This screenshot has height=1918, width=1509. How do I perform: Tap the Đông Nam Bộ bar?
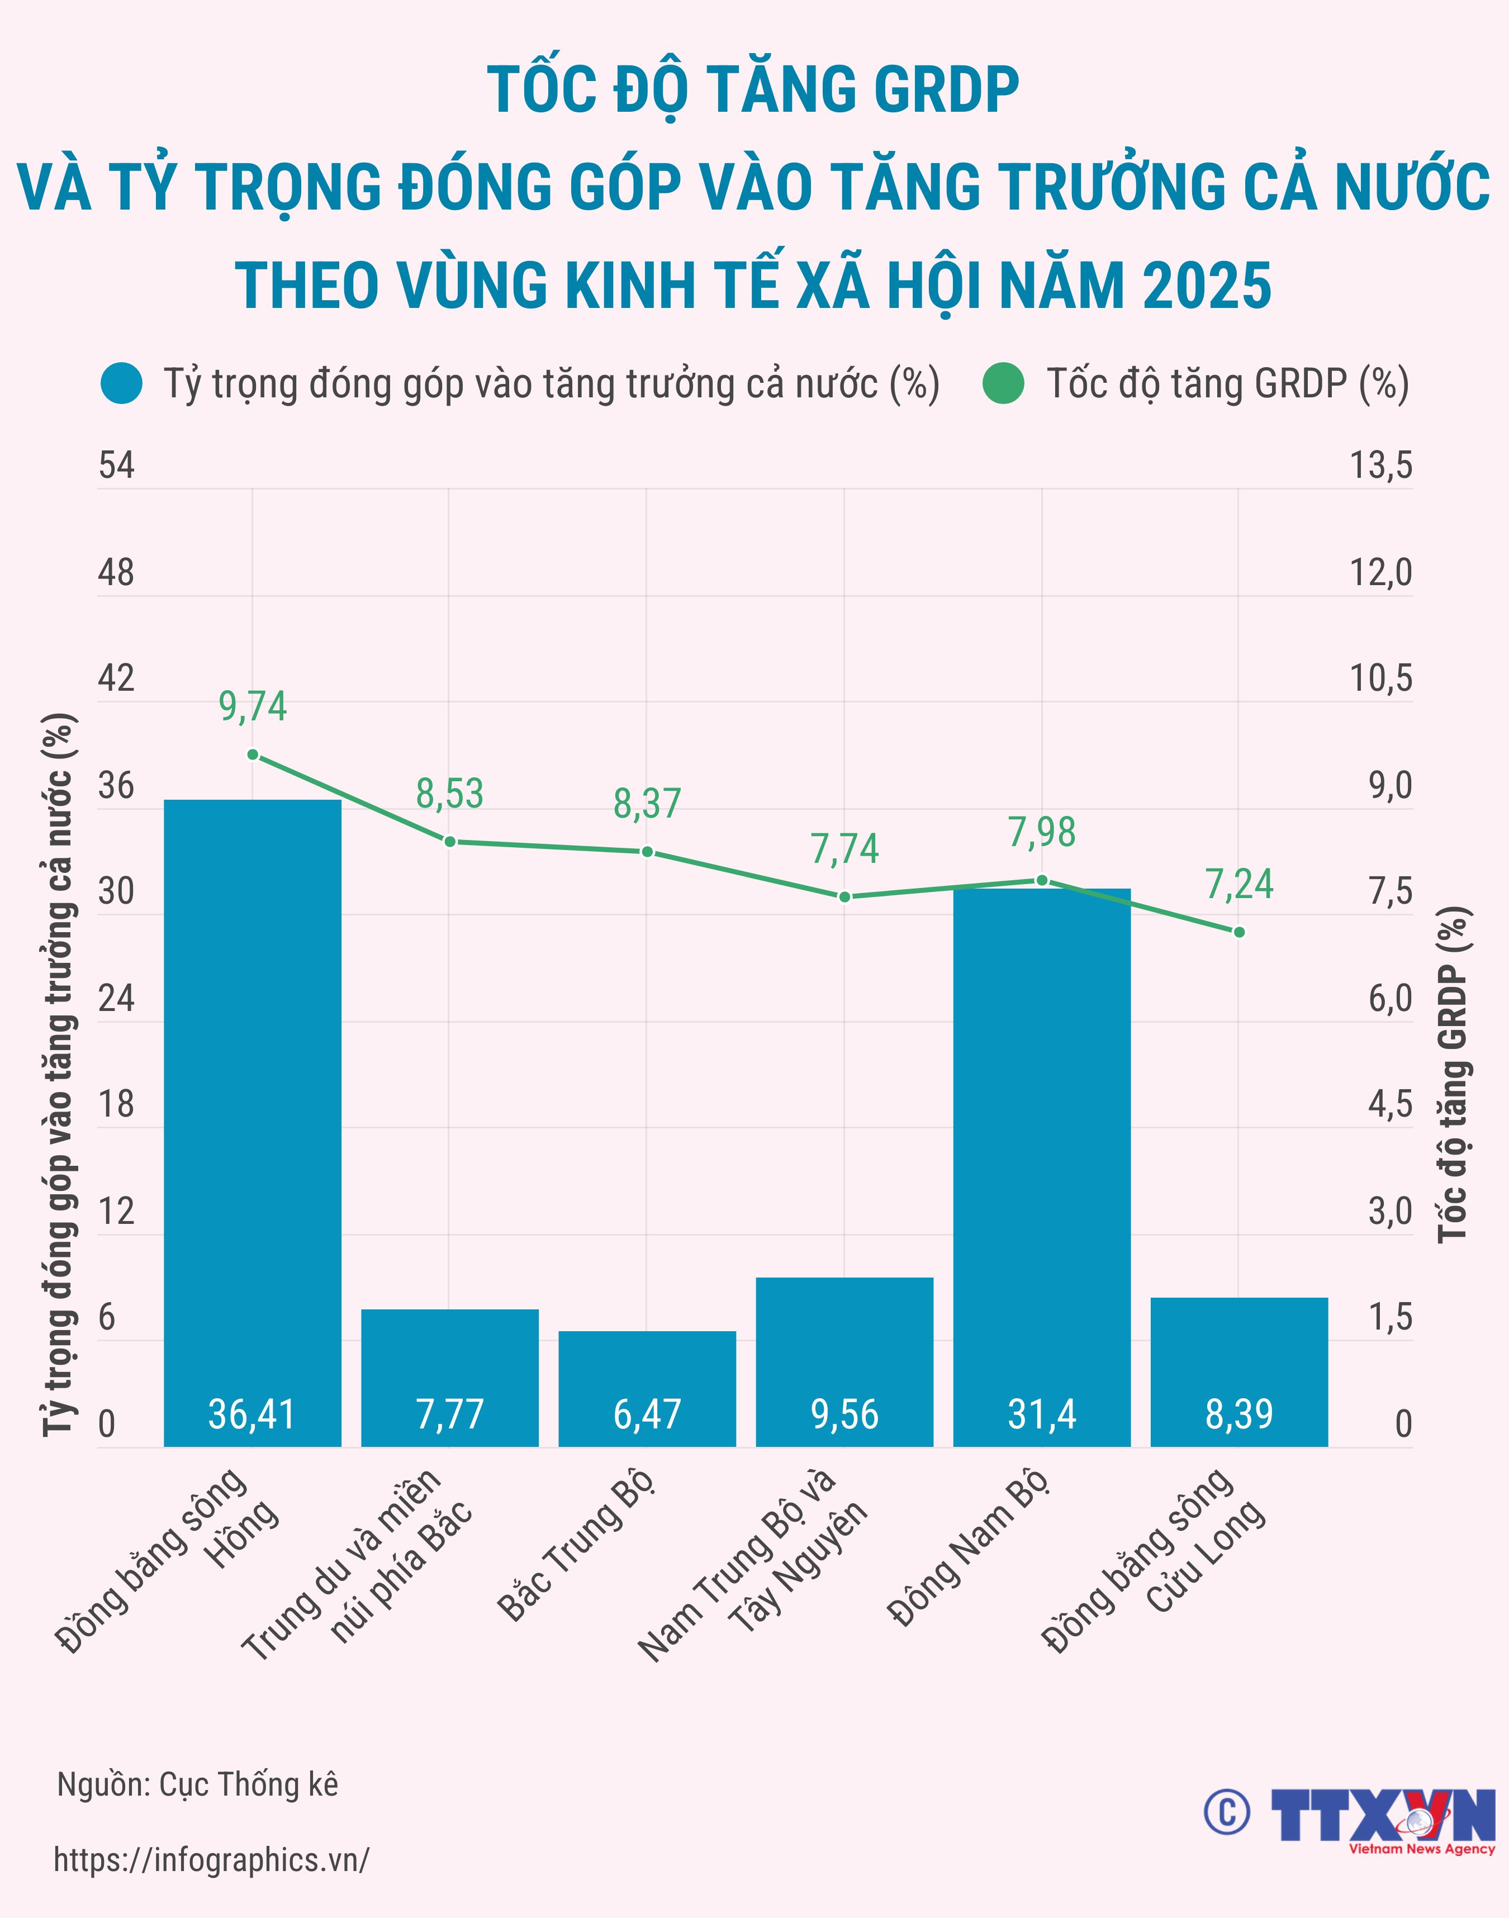point(1042,1166)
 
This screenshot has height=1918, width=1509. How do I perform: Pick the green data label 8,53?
point(450,794)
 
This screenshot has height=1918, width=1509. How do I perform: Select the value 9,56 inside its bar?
point(844,1414)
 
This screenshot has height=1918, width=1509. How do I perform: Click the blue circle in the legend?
point(122,383)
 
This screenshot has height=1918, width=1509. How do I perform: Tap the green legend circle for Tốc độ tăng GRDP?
point(1003,383)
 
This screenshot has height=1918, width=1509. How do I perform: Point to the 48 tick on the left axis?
point(116,572)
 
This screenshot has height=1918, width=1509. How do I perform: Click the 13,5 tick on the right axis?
point(1381,466)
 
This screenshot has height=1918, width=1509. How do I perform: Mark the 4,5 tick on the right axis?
point(1390,1104)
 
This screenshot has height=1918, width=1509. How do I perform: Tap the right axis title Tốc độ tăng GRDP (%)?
point(1453,1074)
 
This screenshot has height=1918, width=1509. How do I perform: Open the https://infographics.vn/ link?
point(211,1860)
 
